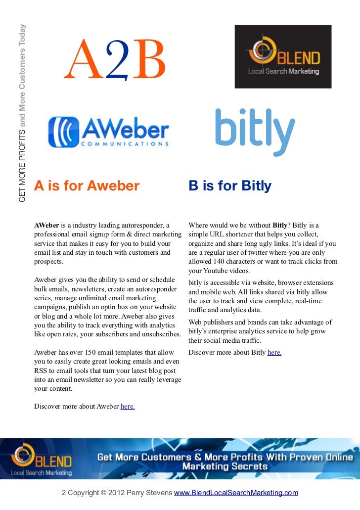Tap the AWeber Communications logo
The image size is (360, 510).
108,132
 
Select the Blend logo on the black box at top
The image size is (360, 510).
283,56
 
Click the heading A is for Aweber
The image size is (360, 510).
87,186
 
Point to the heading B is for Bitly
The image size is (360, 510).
230,186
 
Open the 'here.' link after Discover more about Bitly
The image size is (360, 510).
274,353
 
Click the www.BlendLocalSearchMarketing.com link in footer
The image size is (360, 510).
236,493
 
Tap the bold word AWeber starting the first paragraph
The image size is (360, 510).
46,226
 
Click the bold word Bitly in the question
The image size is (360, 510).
281,226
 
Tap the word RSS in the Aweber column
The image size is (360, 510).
41,371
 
